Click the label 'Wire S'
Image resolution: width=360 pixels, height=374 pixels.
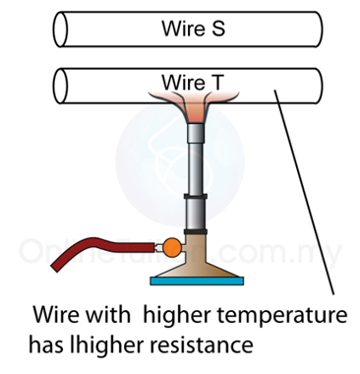[x=193, y=29]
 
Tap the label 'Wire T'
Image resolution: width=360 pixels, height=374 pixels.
[x=193, y=82]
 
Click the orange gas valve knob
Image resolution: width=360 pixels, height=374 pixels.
[x=172, y=247]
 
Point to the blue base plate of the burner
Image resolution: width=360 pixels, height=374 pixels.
[x=197, y=280]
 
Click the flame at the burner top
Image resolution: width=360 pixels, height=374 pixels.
[x=194, y=105]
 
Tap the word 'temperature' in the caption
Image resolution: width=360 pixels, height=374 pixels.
[x=282, y=314]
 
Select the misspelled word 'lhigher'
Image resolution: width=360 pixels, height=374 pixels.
[x=107, y=345]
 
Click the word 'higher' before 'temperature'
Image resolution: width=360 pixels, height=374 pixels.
[x=177, y=315]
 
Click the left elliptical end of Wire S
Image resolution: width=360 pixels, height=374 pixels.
[x=60, y=30]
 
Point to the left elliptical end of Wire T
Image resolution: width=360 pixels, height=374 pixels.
[x=60, y=86]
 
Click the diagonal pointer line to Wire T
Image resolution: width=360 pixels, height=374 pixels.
[x=304, y=193]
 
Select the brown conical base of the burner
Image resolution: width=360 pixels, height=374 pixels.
[x=196, y=263]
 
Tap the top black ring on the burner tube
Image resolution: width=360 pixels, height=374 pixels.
[x=196, y=197]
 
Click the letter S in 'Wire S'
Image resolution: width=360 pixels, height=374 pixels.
[x=217, y=29]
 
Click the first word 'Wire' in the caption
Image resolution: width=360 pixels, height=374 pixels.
[x=56, y=314]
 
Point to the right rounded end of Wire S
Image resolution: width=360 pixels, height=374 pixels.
[x=318, y=30]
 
